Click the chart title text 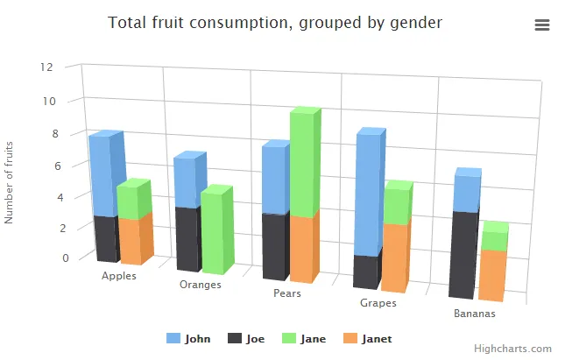275,23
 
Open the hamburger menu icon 541,25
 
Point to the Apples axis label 119,276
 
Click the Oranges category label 200,285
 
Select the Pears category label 287,293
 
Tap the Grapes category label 378,303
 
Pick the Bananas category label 474,314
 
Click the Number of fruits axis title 10,182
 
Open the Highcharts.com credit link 519,349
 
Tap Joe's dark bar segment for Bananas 463,254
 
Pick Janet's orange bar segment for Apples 131,240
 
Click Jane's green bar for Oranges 211,232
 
